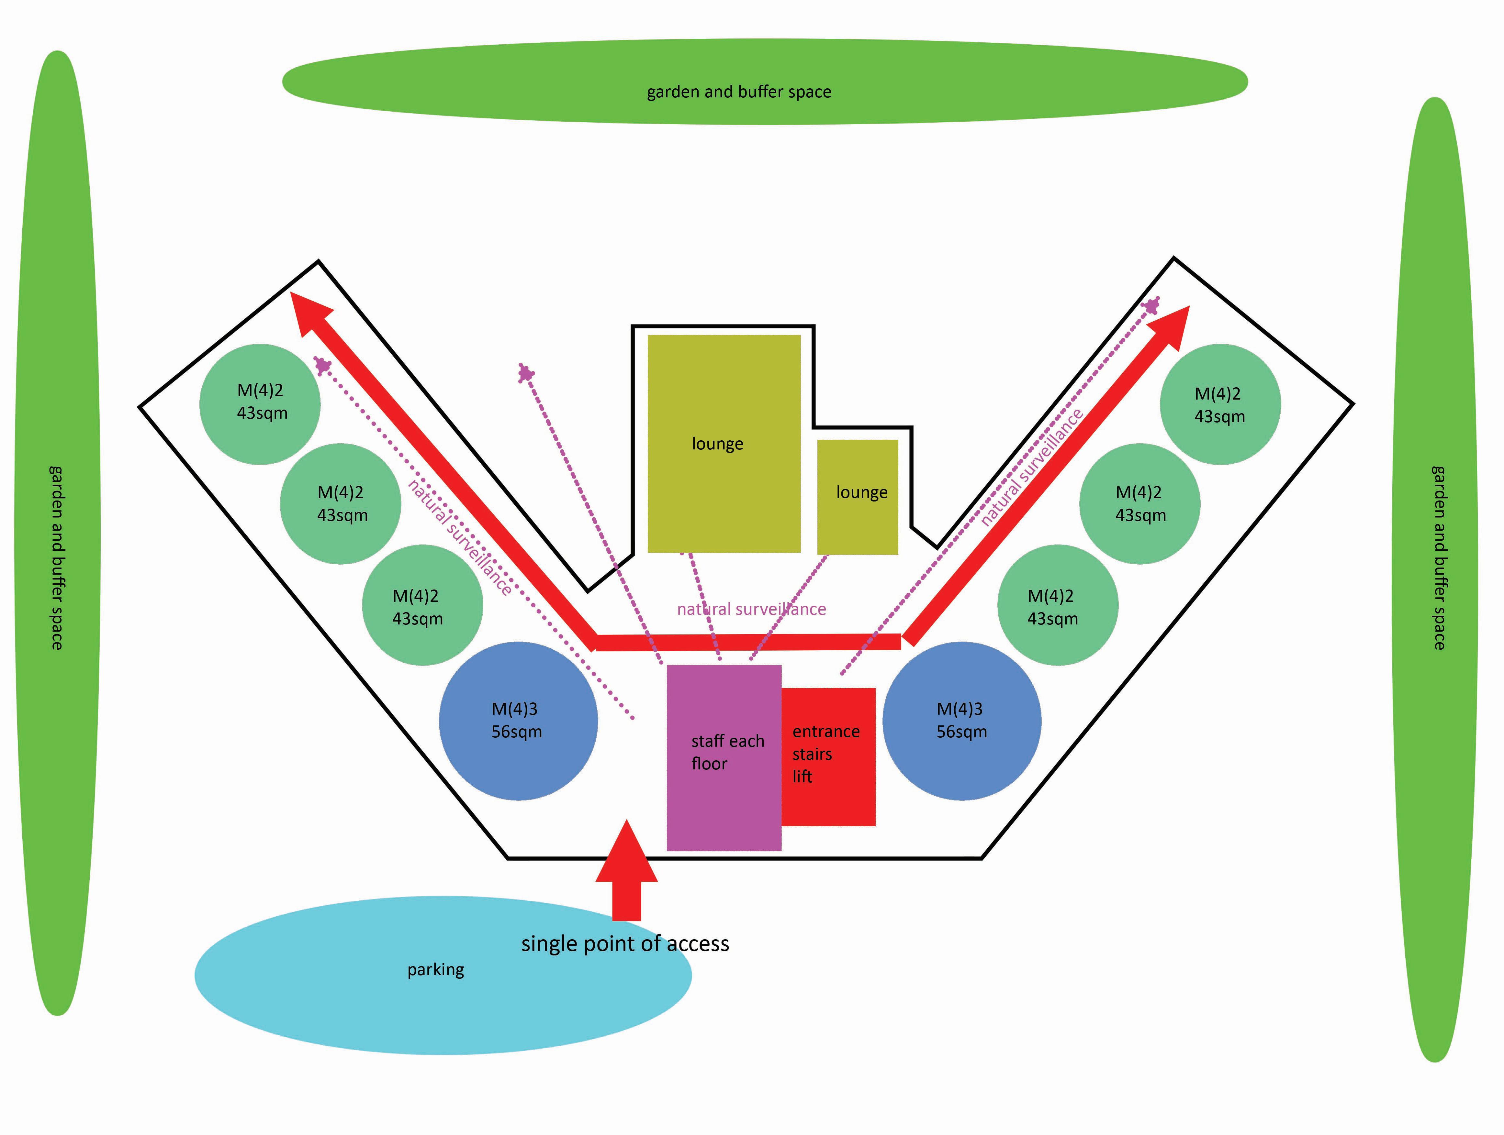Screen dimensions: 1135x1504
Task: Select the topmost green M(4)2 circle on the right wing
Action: tap(1220, 404)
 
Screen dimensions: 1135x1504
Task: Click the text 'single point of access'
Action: tap(625, 943)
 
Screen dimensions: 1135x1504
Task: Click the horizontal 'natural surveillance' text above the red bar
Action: tap(751, 609)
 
